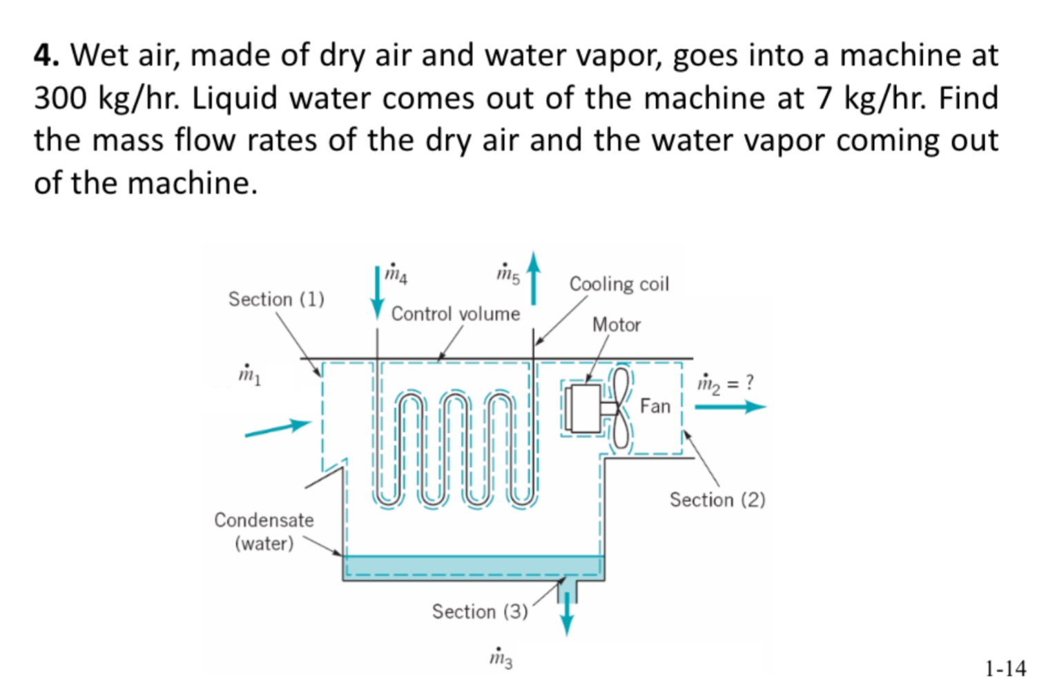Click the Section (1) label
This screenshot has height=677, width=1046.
pyautogui.click(x=276, y=299)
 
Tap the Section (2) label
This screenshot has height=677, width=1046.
pyautogui.click(x=717, y=499)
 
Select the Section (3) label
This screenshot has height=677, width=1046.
pyautogui.click(x=479, y=611)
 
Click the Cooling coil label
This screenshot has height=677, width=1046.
pyautogui.click(x=619, y=284)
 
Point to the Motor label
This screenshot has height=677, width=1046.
pyautogui.click(x=616, y=324)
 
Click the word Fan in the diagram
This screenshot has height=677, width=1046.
pyautogui.click(x=655, y=406)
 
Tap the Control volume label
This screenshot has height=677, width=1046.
pyautogui.click(x=455, y=313)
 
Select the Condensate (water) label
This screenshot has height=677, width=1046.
pyautogui.click(x=264, y=531)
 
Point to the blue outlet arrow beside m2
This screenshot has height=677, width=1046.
pyautogui.click(x=729, y=406)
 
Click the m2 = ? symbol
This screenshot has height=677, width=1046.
pyautogui.click(x=725, y=383)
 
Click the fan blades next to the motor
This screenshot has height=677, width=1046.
pyautogui.click(x=621, y=407)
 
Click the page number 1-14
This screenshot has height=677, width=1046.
pyautogui.click(x=1005, y=667)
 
